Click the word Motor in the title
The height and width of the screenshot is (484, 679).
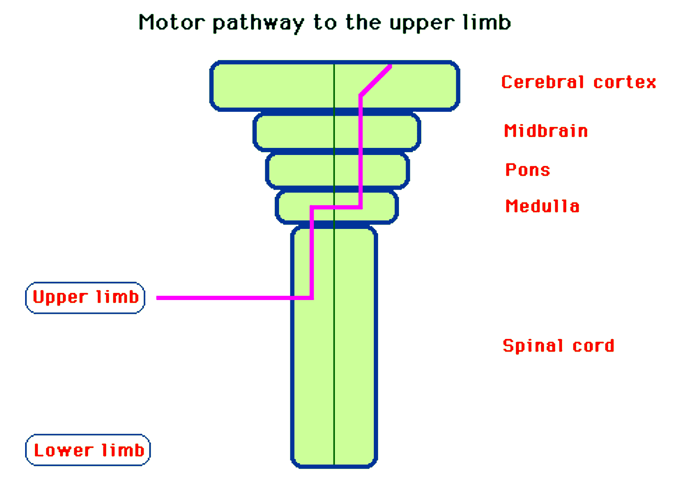(x=172, y=22)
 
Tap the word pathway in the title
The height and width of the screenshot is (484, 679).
(x=258, y=23)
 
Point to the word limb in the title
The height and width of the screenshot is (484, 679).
(x=487, y=22)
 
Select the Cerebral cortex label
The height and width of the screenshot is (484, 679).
(x=579, y=82)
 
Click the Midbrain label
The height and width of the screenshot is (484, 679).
(x=546, y=131)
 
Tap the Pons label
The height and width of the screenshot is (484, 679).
(x=527, y=170)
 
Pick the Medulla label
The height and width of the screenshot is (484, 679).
(x=542, y=206)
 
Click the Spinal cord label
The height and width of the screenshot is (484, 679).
(x=558, y=346)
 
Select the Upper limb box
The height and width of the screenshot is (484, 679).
(x=85, y=298)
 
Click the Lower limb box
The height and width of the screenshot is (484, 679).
(x=88, y=450)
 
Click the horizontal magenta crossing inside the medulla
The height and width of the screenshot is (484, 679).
(x=336, y=207)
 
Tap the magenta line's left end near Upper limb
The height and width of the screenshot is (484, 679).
(x=158, y=298)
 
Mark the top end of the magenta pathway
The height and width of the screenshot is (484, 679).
(x=390, y=66)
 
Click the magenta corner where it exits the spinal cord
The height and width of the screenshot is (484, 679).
(x=312, y=298)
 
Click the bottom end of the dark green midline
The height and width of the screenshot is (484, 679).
(x=334, y=463)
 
